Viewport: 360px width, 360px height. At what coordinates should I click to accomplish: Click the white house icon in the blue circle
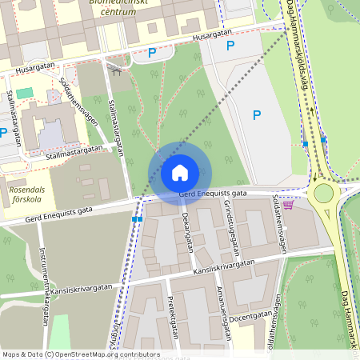[180, 172]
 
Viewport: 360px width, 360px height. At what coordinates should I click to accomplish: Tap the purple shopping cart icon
[288, 205]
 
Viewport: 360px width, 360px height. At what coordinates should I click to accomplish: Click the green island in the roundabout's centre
[323, 193]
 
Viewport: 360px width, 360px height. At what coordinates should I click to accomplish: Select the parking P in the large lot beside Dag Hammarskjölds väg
[257, 115]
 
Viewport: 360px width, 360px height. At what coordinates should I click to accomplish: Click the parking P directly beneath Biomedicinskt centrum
[151, 53]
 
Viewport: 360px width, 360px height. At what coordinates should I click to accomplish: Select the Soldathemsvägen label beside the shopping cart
[280, 223]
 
